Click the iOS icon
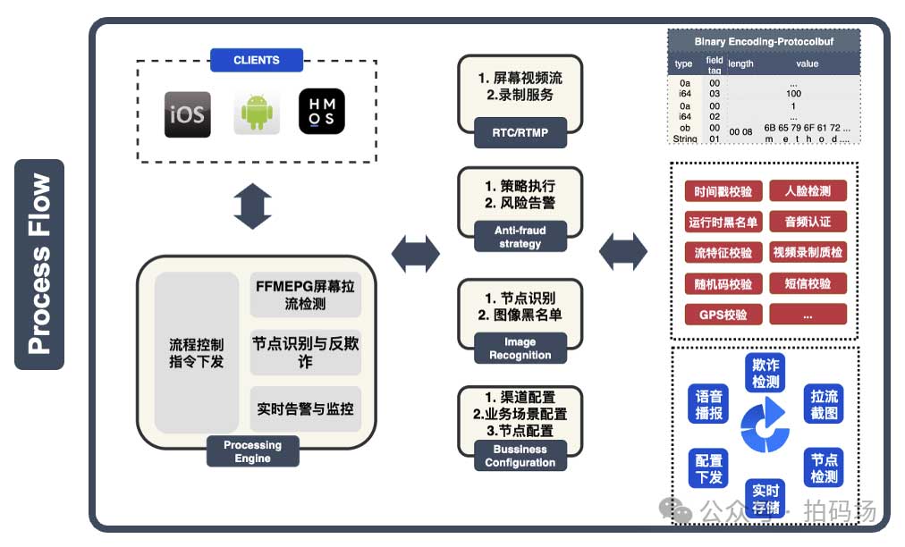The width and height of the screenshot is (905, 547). click(x=187, y=114)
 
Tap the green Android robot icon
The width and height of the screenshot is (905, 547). click(x=257, y=114)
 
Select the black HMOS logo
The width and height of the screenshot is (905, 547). click(x=322, y=113)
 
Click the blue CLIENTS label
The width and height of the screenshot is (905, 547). click(x=257, y=61)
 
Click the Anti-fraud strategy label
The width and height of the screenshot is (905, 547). click(x=520, y=237)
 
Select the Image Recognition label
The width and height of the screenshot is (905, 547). click(x=520, y=349)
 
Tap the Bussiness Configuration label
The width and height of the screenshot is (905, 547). click(x=520, y=456)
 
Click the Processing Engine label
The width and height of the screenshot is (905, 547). click(x=252, y=451)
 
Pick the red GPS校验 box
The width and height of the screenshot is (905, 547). click(x=723, y=315)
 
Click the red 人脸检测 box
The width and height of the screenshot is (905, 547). click(x=808, y=191)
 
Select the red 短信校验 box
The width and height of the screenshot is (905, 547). click(x=808, y=284)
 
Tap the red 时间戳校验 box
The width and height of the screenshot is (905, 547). click(x=723, y=191)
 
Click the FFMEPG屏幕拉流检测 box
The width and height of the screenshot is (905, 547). click(x=306, y=294)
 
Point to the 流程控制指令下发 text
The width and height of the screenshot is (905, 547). click(x=197, y=353)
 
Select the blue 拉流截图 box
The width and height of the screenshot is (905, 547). click(x=824, y=405)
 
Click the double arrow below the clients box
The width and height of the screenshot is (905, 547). click(x=251, y=208)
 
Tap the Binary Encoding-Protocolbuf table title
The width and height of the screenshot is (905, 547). click(x=764, y=42)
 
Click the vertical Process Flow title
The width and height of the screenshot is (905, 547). click(x=39, y=265)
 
